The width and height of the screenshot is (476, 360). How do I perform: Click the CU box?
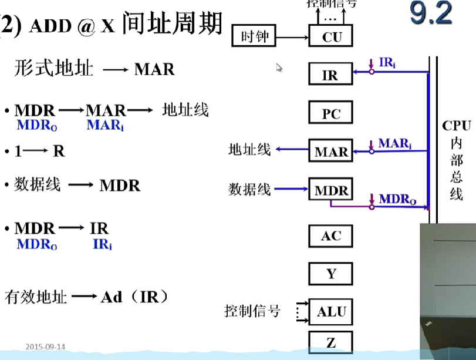click(x=331, y=37)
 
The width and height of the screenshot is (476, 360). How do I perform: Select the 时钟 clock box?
click(x=254, y=36)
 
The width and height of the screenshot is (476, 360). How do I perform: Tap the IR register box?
click(x=330, y=75)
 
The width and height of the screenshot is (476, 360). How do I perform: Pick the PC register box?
click(x=331, y=113)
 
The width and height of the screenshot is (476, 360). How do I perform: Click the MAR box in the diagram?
click(x=331, y=152)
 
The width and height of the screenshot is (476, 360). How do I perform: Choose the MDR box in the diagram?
click(x=331, y=190)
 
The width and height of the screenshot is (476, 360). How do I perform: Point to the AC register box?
click(x=331, y=236)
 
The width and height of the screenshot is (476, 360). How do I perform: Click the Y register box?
click(x=331, y=274)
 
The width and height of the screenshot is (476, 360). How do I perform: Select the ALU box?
click(x=331, y=311)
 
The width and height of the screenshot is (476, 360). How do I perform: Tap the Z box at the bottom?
click(x=331, y=342)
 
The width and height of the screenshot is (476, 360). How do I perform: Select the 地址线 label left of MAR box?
click(x=249, y=150)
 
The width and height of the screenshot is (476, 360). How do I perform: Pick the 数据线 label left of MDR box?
click(x=249, y=189)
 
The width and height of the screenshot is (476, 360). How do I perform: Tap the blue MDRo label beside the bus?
click(x=397, y=200)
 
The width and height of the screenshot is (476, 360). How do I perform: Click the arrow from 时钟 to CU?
click(x=292, y=38)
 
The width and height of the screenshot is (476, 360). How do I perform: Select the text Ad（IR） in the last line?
click(x=134, y=297)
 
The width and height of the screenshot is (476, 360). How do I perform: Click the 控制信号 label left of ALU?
click(x=252, y=311)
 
